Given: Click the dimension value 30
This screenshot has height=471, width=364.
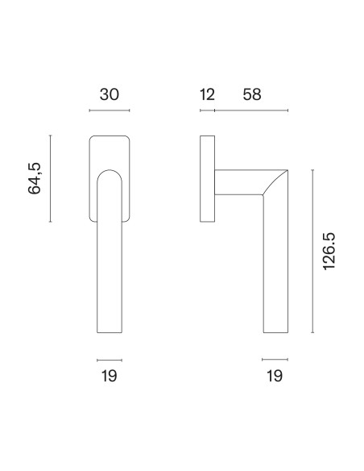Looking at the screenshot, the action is pyautogui.click(x=110, y=94).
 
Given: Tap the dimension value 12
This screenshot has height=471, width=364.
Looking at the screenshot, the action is pyautogui.click(x=207, y=94).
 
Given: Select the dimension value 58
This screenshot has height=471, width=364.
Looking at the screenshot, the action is pyautogui.click(x=252, y=94).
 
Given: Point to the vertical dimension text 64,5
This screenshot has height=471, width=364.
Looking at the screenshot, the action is pyautogui.click(x=35, y=178).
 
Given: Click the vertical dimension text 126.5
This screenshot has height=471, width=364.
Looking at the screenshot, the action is pyautogui.click(x=329, y=252).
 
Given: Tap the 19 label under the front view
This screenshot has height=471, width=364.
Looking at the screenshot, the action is pyautogui.click(x=110, y=376).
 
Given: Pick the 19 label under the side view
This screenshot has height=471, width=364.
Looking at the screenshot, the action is pyautogui.click(x=275, y=376).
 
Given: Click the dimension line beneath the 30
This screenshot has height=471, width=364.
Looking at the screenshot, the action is pyautogui.click(x=110, y=110).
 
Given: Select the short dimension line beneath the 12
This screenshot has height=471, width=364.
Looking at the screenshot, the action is pyautogui.click(x=207, y=110).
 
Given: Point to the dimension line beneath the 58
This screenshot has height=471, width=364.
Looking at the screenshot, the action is pyautogui.click(x=251, y=110).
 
